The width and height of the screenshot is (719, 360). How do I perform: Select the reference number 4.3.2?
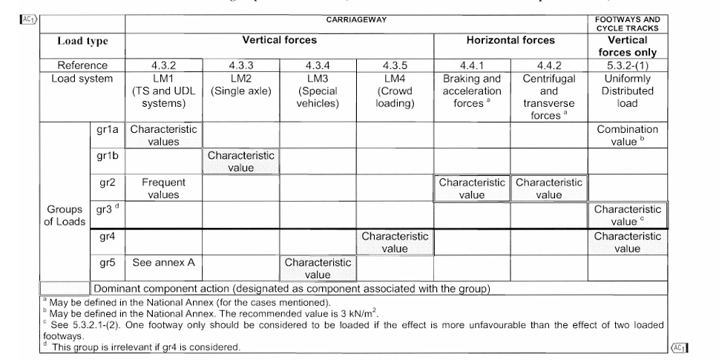(164, 65)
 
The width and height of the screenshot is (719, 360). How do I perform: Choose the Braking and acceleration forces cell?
(471, 91)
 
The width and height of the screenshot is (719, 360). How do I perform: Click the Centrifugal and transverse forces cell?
(548, 96)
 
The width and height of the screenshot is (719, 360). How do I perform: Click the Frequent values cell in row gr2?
(164, 188)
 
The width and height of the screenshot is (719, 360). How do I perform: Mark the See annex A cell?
(164, 262)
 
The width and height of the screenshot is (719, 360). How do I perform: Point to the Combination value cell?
(628, 135)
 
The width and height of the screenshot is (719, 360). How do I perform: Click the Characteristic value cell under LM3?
(317, 268)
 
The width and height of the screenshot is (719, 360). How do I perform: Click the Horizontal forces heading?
(510, 40)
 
